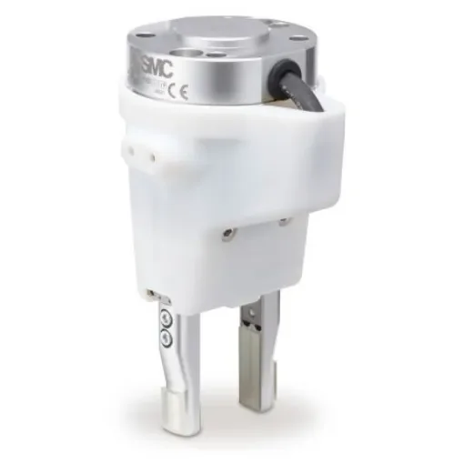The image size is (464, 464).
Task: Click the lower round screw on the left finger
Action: (x=165, y=337)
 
